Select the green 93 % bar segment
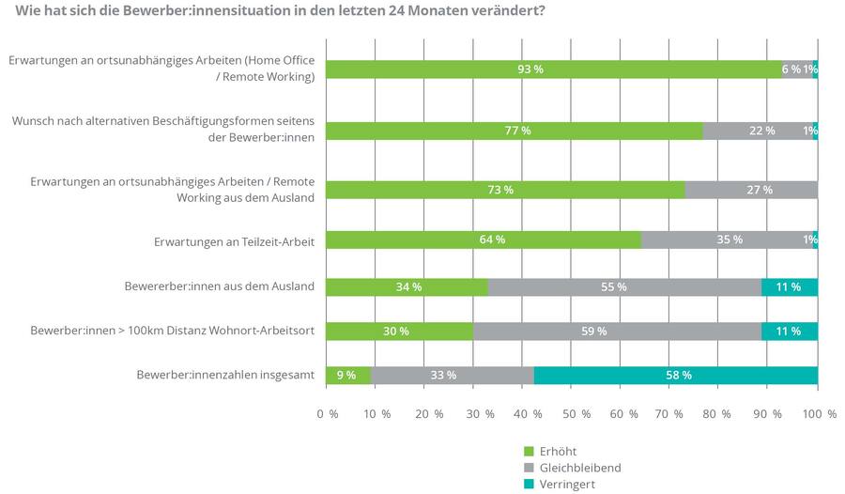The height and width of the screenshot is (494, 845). (553, 69)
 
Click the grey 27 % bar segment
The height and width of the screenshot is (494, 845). (751, 190)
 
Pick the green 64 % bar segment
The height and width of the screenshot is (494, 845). (483, 239)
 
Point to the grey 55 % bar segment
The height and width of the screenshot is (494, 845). (624, 286)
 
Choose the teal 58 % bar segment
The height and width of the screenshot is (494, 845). (675, 375)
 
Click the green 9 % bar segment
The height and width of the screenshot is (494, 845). (347, 375)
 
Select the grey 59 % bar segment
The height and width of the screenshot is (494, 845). (617, 331)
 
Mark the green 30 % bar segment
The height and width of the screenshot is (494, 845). (399, 331)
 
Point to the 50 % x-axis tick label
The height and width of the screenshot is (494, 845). (570, 413)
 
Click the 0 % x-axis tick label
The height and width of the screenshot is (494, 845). (327, 413)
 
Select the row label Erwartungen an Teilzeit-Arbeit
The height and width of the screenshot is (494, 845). (233, 241)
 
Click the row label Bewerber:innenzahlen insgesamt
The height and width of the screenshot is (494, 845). (224, 375)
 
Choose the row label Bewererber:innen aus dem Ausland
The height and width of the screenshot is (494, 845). (218, 286)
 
